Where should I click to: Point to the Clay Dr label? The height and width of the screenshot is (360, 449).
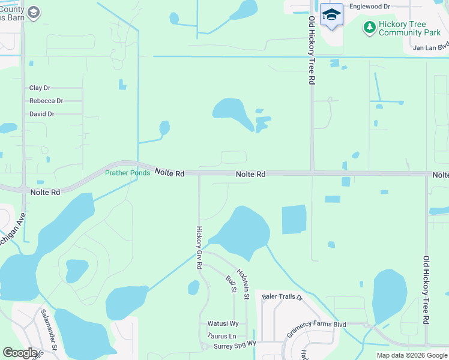coord(40,88)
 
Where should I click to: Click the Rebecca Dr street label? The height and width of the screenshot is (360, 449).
coord(46,101)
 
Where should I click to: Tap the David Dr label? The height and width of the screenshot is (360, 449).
coord(42,114)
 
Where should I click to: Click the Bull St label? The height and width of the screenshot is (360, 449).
coord(230,284)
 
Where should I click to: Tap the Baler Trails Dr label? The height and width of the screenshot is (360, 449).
coord(283,296)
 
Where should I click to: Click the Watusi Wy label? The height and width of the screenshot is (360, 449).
coord(223,323)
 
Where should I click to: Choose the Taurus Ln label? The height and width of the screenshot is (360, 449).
coord(222,336)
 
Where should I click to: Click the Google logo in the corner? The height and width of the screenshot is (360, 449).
coord(20,353)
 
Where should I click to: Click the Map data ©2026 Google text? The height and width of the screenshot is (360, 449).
coord(412,355)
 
